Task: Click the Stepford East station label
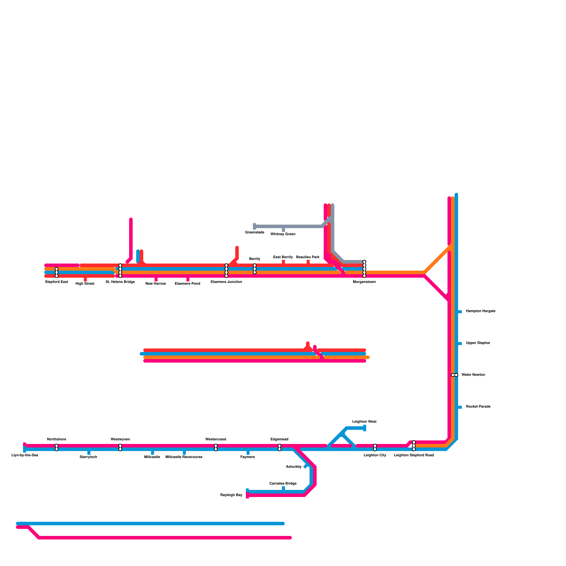tap(57, 282)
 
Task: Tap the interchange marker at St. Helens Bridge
tap(120, 271)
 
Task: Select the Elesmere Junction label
tap(226, 282)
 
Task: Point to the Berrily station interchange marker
tap(255, 269)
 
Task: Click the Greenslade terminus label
tap(254, 232)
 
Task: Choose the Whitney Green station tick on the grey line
tap(283, 230)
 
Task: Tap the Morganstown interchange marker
tap(364, 269)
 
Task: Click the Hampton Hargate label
tap(480, 311)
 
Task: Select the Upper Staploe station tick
tap(460, 343)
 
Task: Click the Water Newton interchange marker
tap(455, 375)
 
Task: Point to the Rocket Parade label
tap(478, 407)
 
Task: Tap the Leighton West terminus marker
tap(365, 428)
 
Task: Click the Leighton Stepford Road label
tap(414, 455)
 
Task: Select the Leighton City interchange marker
tap(375, 447)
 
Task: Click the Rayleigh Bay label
tap(231, 495)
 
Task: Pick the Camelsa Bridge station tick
tap(283, 489)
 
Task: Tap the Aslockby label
tap(294, 467)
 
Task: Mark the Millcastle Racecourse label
tap(184, 457)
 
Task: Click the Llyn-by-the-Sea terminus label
tap(25, 455)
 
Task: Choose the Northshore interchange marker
tap(57, 447)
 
